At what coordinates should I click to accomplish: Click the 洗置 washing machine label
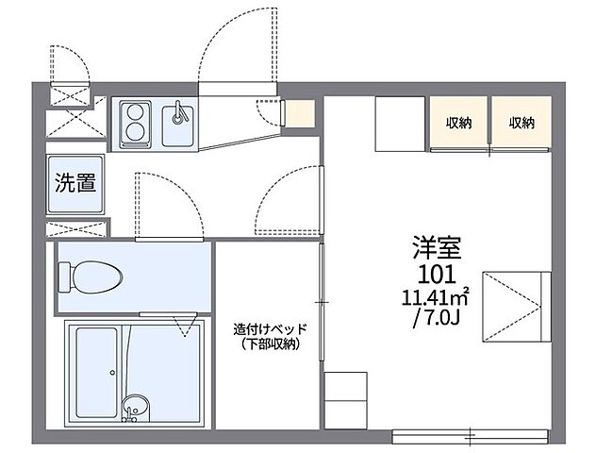coord(74,183)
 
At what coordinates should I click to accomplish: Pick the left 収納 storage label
coord(459,122)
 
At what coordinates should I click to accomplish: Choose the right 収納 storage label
coord(521,122)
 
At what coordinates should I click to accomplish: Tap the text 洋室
coord(435,249)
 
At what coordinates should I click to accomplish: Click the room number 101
coord(435,275)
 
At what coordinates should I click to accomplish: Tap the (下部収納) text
coord(270,345)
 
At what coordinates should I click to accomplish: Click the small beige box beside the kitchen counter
coord(299,113)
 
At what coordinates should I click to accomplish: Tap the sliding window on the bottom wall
coord(470,435)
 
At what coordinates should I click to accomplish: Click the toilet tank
coord(66,277)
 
